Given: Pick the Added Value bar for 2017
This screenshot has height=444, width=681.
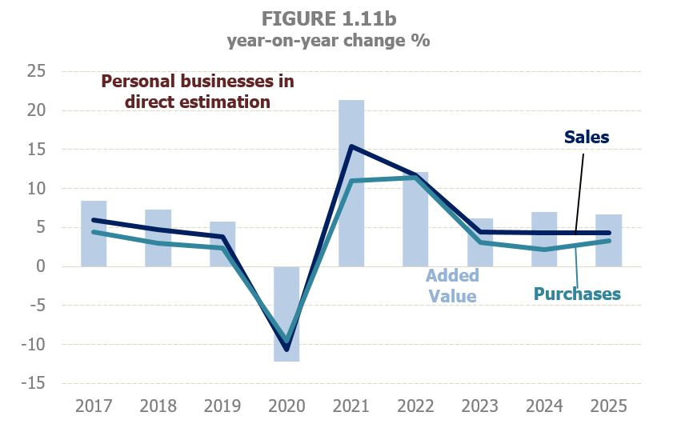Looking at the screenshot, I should [94, 234].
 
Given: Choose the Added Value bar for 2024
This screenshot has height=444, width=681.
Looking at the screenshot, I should [544, 239].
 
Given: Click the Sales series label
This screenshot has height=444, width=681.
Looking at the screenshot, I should [586, 137].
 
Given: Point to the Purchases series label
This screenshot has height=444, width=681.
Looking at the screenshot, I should [577, 294].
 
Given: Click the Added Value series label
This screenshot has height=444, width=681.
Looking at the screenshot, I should [452, 286].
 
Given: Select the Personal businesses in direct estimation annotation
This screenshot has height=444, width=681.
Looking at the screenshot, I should [198, 91].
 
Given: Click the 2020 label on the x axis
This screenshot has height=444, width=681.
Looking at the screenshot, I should [286, 406].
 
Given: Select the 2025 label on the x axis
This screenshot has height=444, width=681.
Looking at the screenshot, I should [608, 406].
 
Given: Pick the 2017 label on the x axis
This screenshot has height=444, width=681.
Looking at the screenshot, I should [94, 406].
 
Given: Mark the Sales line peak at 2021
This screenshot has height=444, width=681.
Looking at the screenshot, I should [351, 146].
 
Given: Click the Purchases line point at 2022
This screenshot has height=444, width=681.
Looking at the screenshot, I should [415, 177].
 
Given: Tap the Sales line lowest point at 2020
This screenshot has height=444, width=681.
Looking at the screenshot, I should [286, 350].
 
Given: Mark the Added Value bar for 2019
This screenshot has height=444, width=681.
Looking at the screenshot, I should [222, 244].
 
